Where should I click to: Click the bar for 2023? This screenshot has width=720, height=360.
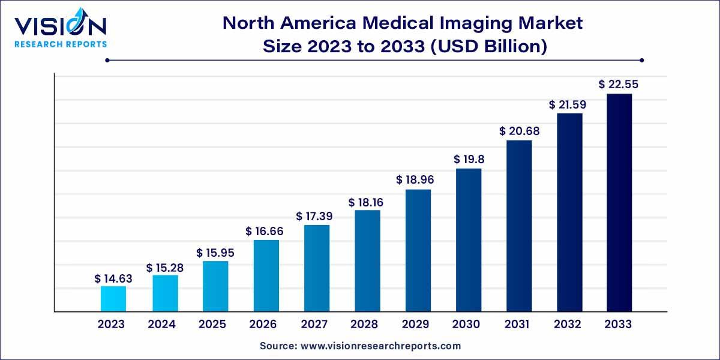113,299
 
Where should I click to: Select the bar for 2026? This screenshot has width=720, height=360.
266,276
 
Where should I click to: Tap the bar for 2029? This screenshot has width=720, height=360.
418,250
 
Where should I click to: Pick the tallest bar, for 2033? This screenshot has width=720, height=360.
619,203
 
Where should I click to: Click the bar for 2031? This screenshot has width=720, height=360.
519,226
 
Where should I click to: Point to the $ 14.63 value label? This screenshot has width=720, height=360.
113,278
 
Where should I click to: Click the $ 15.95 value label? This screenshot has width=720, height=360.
215,253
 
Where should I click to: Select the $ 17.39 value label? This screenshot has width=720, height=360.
316,217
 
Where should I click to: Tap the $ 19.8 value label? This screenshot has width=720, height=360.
469,160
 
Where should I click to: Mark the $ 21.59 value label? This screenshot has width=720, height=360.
569,105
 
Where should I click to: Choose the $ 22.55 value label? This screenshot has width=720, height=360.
619,85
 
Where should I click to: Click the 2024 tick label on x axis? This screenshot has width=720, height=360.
161,325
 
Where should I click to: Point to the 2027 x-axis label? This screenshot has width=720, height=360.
314,325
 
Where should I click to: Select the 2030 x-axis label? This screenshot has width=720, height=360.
466,325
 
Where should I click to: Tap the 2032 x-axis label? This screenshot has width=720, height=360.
568,325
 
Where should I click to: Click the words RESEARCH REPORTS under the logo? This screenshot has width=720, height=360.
60,44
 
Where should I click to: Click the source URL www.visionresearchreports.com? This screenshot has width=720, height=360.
380,346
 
